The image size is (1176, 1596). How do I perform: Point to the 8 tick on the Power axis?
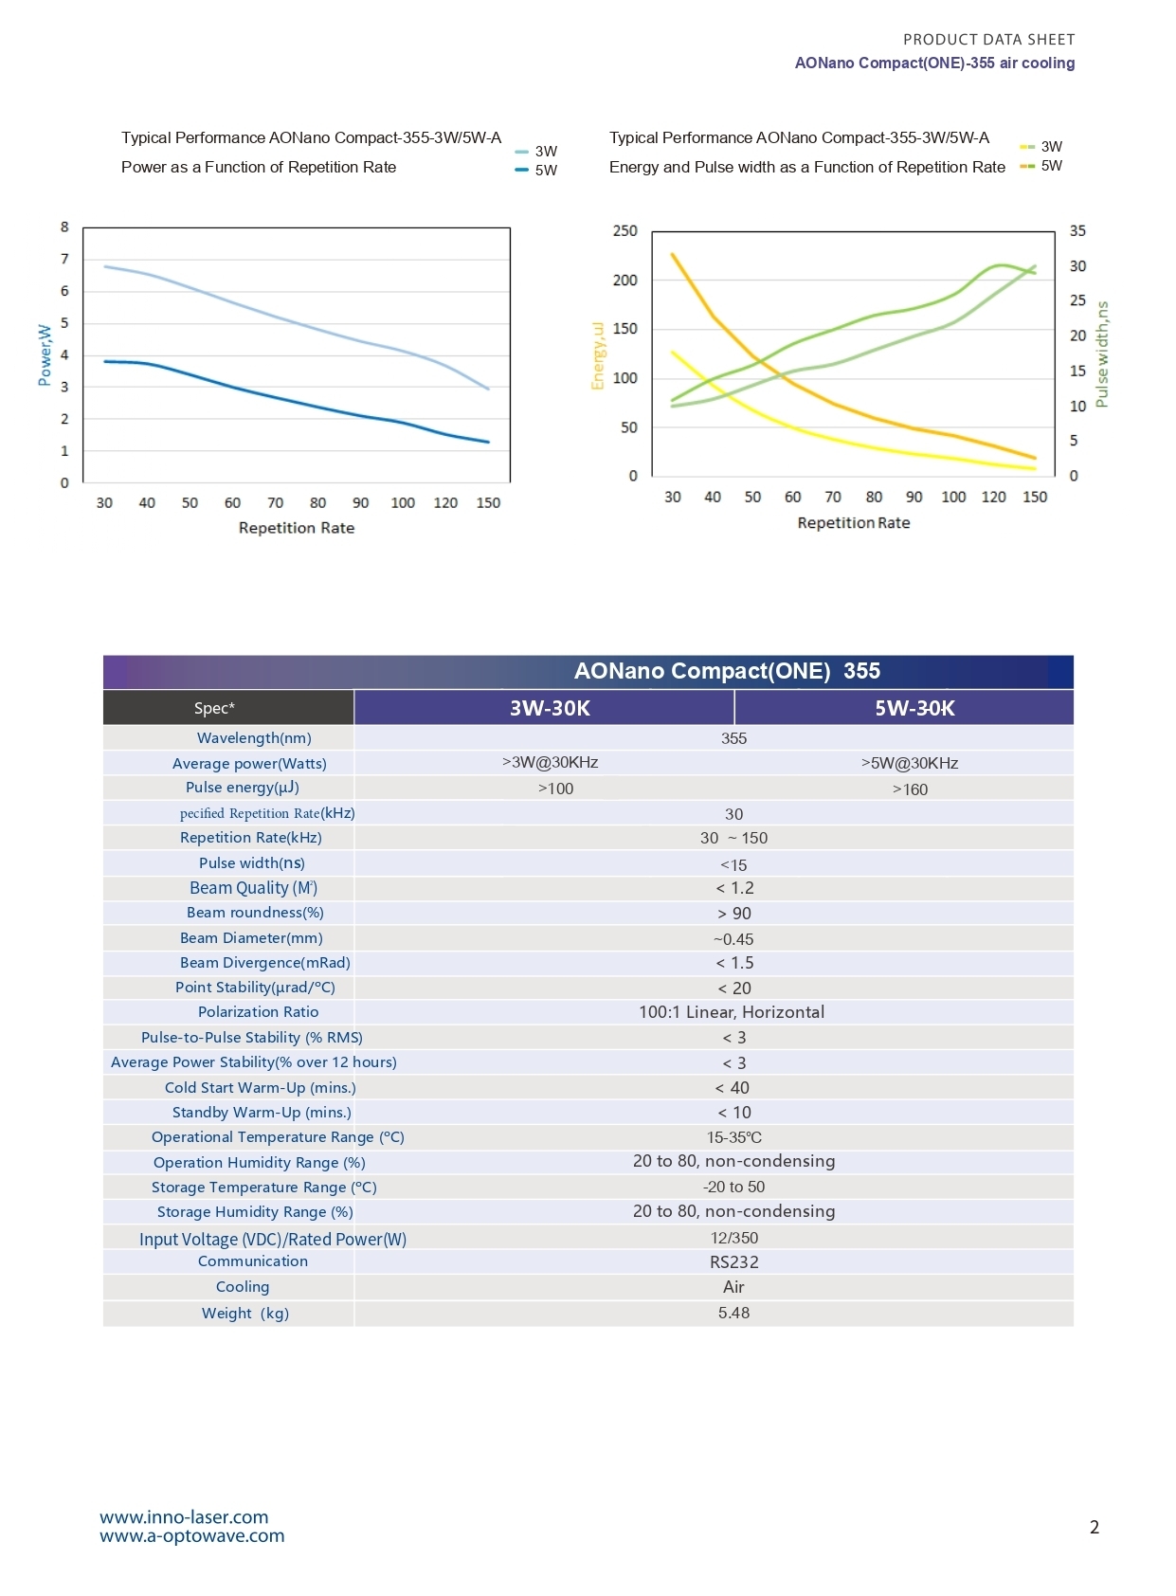(64, 227)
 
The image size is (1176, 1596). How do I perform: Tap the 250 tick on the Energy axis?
(624, 231)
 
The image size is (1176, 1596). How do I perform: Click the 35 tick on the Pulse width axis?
(1077, 231)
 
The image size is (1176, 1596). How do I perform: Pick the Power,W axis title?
(45, 354)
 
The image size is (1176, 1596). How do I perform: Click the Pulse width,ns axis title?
(1101, 354)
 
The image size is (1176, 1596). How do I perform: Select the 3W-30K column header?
(550, 708)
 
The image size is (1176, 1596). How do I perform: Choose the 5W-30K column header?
(914, 708)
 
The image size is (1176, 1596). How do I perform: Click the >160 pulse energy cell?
(910, 789)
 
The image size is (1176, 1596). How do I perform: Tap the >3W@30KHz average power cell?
(550, 762)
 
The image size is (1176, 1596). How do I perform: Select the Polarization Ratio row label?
(258, 1012)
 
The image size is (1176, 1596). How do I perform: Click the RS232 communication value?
(733, 1261)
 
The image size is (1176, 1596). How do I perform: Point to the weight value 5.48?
(733, 1313)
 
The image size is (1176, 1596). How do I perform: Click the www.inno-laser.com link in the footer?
(184, 1517)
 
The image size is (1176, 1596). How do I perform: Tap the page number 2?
(1095, 1527)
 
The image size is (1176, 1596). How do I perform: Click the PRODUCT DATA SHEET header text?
(988, 39)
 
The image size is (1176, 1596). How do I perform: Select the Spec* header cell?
(214, 708)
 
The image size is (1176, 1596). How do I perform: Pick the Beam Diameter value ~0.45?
(733, 939)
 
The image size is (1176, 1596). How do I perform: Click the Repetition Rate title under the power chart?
(297, 528)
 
